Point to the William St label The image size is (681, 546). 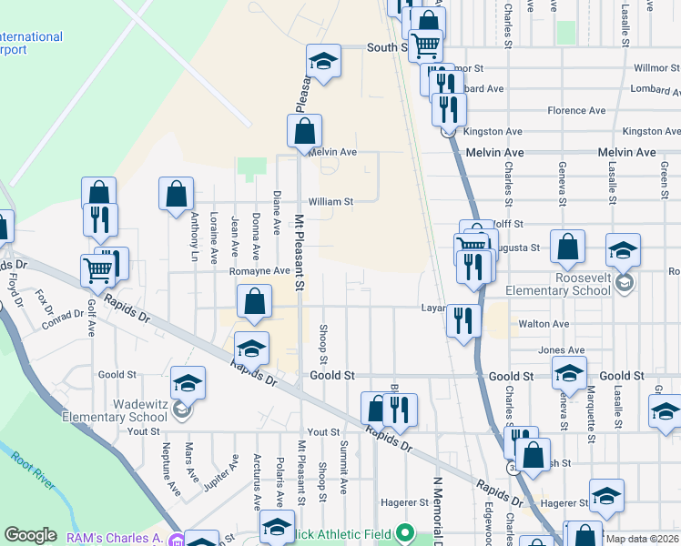(330, 202)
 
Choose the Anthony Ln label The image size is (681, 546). (194, 237)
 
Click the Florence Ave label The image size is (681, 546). (576, 111)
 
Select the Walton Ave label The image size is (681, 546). (543, 324)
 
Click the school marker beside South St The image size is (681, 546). (322, 61)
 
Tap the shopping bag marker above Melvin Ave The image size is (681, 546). (304, 130)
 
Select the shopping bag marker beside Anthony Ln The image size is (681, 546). (176, 194)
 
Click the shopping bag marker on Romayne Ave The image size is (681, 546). (256, 302)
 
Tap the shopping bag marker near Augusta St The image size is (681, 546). (567, 247)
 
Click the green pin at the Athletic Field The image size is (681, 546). (408, 533)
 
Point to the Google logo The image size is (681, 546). (30, 536)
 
